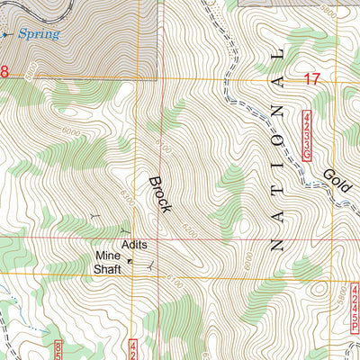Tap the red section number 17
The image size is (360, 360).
coord(312,79)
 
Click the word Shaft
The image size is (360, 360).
coord(109,267)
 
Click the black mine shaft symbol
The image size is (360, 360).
coord(130,261)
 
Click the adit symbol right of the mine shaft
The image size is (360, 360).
coord(149,263)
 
